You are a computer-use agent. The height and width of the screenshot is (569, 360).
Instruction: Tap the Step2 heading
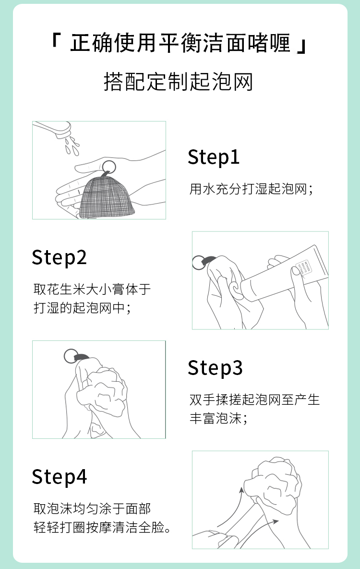point(59,258)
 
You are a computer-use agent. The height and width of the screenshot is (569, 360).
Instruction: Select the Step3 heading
point(215,368)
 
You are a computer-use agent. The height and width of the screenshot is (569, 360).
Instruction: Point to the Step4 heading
point(59,477)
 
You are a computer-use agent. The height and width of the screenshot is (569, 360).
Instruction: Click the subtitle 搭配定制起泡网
point(178,82)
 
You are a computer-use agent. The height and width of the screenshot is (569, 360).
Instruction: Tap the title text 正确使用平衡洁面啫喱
point(180,43)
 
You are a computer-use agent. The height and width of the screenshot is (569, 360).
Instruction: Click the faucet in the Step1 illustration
point(53,129)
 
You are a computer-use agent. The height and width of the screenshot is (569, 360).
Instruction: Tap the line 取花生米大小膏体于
point(92,289)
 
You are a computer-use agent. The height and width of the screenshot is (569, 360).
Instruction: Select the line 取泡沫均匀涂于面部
point(92,508)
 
